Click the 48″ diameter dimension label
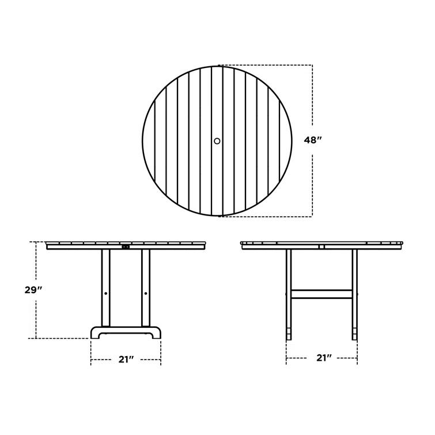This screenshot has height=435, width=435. [313, 140]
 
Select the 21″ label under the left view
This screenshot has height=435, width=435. [126, 360]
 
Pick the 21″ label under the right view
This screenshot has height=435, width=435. [324, 358]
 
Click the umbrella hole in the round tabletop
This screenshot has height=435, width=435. [217, 141]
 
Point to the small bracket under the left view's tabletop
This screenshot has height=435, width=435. [126, 248]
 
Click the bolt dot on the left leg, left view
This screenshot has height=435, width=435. [106, 293]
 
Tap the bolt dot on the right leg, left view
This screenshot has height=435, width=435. [145, 293]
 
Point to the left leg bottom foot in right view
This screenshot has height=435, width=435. [289, 333]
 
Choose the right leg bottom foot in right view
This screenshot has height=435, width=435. [354, 333]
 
